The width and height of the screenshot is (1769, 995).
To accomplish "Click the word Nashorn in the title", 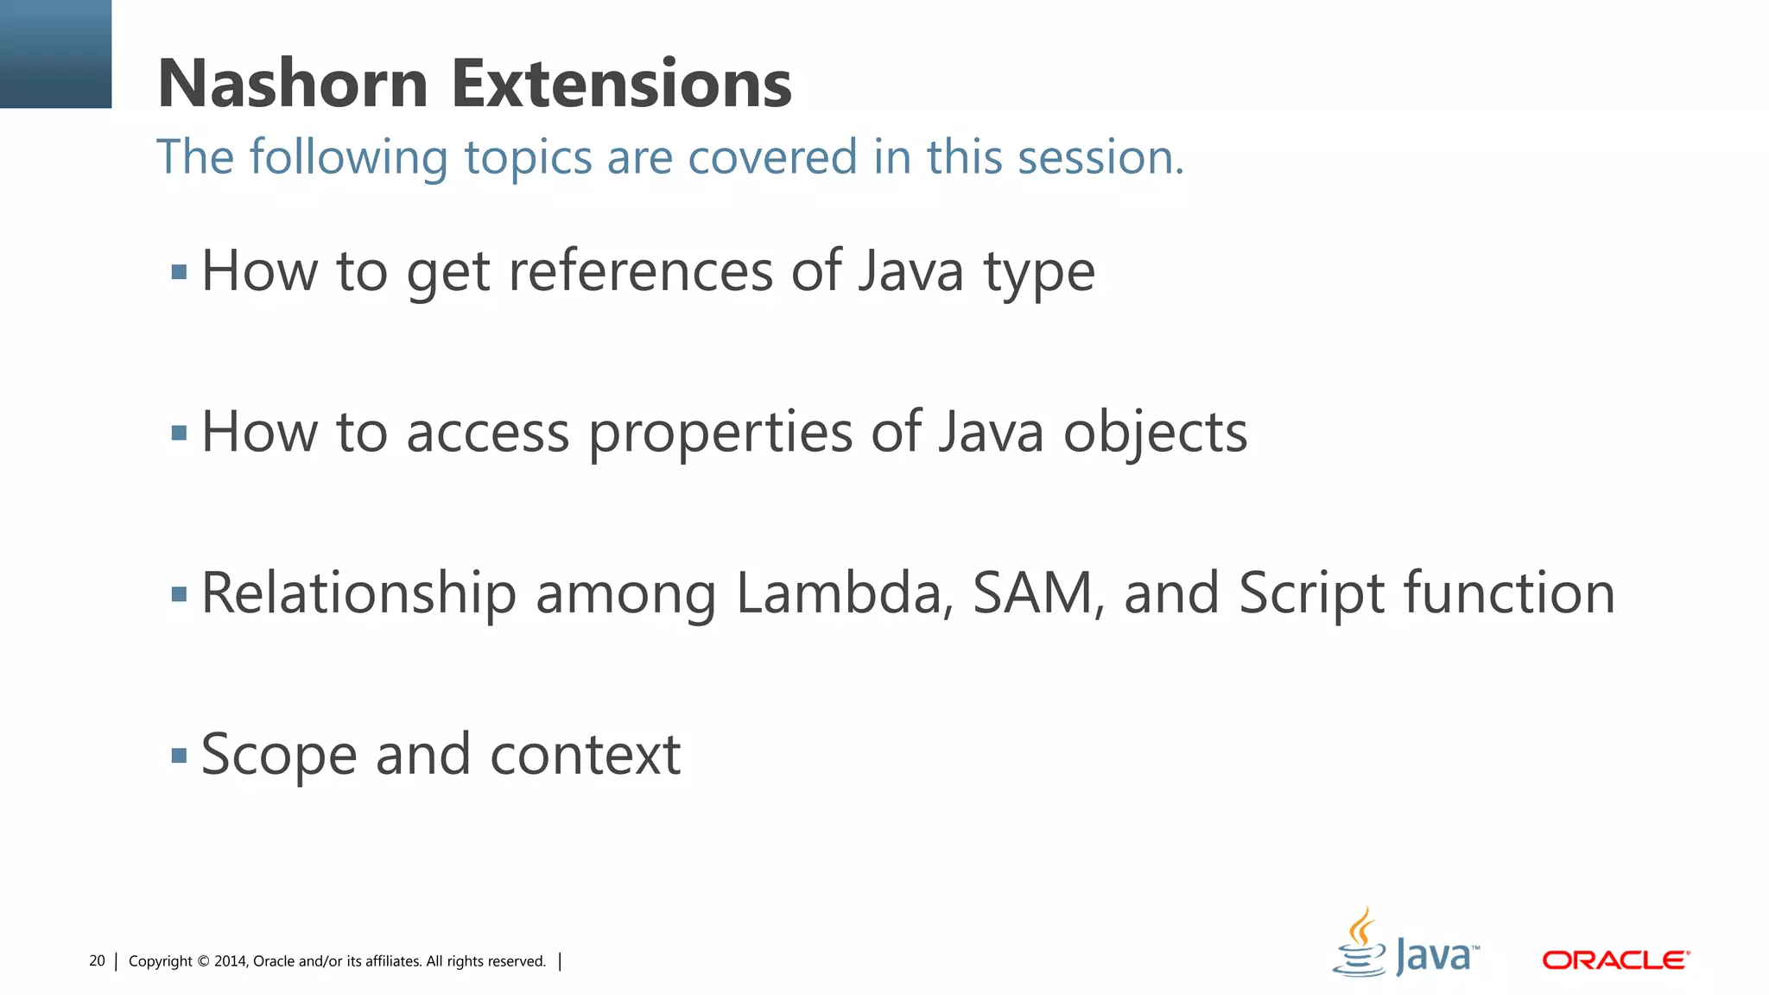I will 293,84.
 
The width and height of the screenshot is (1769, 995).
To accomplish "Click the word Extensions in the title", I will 621,84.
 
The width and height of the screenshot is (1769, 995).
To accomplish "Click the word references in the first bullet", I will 640,271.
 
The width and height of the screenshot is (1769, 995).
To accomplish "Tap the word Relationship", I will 358,594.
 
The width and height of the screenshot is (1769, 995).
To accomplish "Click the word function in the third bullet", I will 1508,593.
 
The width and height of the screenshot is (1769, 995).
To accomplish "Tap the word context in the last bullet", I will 585,755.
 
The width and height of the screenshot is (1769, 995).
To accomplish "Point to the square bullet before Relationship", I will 179,594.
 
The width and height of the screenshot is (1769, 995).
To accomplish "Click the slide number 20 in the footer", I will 97,961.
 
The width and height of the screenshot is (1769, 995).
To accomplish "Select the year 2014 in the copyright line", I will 231,961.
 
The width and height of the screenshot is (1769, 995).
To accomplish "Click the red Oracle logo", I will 1615,960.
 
